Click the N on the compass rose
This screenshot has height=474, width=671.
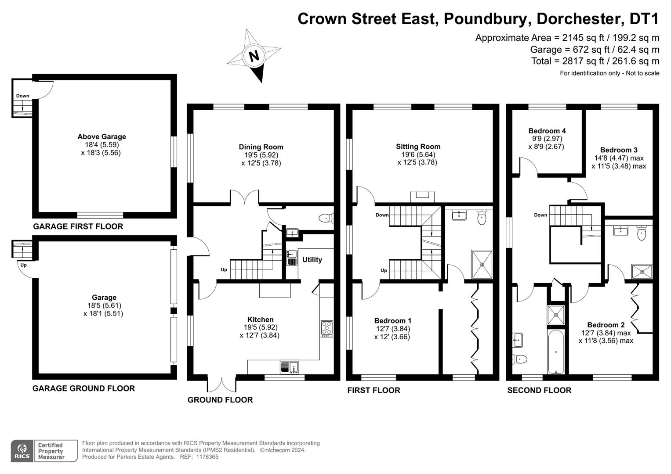254,56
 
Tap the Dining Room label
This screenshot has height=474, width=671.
261,147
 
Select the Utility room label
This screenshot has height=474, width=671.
312,260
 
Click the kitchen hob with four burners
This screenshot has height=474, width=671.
327,329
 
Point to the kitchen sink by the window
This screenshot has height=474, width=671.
289,366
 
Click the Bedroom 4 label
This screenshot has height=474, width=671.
547,131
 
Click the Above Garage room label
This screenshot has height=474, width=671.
102,136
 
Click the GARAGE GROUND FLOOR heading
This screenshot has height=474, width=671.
83,388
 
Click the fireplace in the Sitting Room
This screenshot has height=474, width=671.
422,197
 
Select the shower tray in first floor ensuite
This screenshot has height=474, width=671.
482,265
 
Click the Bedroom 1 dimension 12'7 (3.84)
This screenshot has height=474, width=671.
392,329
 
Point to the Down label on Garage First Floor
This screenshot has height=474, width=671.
22,96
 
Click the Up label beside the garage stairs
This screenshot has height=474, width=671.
23,265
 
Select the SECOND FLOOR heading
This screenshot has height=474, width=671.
539,390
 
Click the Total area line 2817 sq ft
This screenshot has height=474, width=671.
595,61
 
